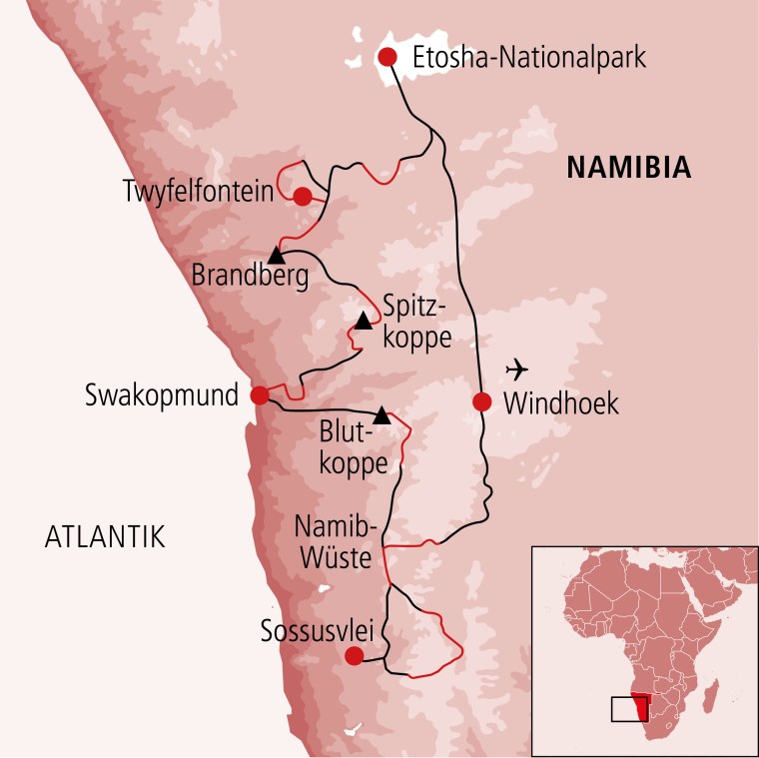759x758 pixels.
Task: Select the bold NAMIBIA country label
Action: click(x=628, y=168)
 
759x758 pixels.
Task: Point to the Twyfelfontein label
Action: click(x=198, y=190)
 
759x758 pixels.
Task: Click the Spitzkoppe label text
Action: click(x=411, y=319)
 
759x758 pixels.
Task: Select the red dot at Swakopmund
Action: click(x=260, y=395)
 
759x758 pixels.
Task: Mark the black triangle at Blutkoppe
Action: click(x=381, y=413)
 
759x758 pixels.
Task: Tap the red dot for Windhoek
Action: click(x=482, y=402)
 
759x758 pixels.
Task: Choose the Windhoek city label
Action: click(x=562, y=403)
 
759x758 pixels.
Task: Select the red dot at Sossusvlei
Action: click(x=353, y=656)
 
